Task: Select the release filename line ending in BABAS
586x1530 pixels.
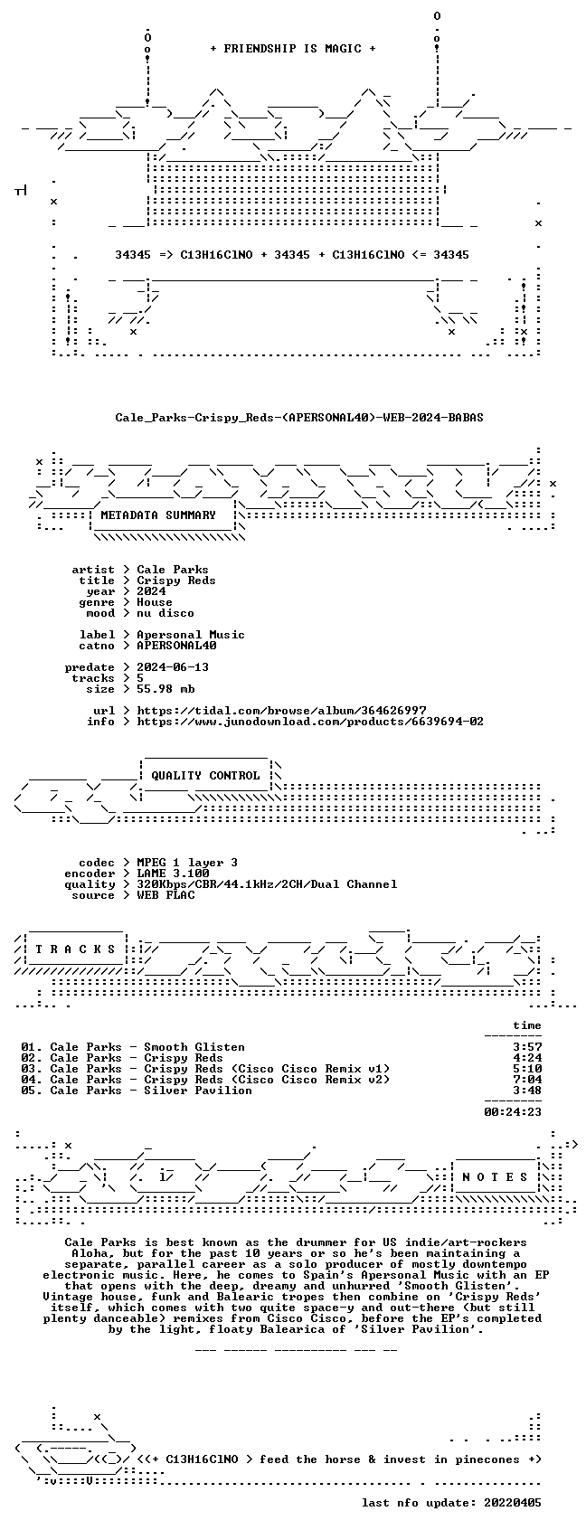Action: click(299, 418)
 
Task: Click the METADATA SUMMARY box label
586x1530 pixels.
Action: click(157, 515)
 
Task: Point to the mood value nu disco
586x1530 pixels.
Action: click(165, 613)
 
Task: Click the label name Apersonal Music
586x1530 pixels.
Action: click(191, 635)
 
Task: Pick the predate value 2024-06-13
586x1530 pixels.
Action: click(173, 667)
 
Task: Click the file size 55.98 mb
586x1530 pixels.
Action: click(165, 689)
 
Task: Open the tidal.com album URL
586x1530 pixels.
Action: click(281, 711)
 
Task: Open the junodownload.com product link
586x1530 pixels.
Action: click(310, 722)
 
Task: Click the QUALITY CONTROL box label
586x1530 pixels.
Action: click(205, 776)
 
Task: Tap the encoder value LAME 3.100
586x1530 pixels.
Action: click(173, 874)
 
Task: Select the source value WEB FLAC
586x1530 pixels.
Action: click(165, 895)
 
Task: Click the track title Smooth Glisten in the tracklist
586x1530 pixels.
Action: click(194, 1047)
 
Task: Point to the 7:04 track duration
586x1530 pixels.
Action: click(527, 1080)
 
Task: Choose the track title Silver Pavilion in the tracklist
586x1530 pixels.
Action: click(197, 1091)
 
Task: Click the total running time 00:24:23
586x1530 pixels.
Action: click(513, 1112)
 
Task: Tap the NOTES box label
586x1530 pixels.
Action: click(496, 1176)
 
